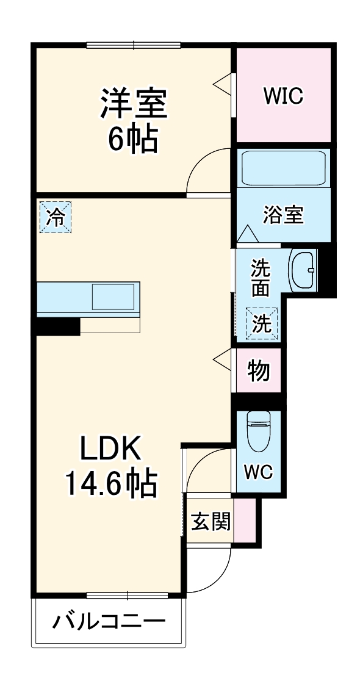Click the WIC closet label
point(283,96)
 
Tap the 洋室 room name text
point(134,104)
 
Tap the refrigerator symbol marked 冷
point(56,217)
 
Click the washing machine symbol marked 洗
point(262,324)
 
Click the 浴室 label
point(283,215)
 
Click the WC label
point(259,472)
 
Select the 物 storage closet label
point(259,370)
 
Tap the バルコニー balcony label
point(109,622)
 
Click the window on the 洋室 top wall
point(134,44)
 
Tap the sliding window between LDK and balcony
point(127,595)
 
